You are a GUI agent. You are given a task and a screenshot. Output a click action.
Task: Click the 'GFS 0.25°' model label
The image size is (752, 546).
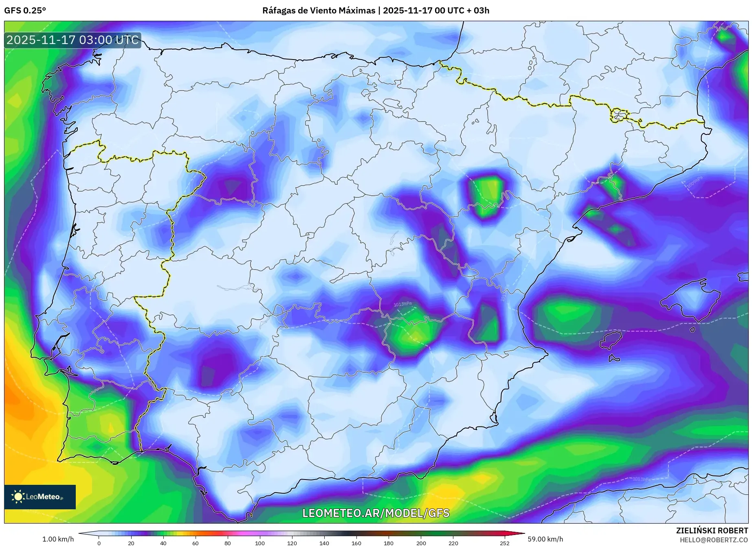(x=25, y=11)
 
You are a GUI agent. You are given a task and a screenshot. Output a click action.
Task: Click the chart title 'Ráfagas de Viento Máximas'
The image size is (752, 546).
(x=319, y=11)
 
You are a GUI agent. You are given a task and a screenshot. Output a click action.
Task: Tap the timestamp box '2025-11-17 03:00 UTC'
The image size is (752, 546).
(x=73, y=40)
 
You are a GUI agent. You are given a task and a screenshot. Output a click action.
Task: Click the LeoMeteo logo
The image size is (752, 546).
(x=40, y=497)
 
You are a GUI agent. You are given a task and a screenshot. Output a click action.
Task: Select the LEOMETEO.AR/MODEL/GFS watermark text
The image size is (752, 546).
(x=376, y=513)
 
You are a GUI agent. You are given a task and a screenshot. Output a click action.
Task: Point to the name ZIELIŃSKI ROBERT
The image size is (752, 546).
(x=712, y=531)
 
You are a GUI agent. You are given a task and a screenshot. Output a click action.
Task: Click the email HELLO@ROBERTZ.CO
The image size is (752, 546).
(x=714, y=540)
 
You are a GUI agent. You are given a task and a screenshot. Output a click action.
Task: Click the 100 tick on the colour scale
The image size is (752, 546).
(x=260, y=543)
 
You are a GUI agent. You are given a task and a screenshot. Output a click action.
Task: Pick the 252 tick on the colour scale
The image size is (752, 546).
(x=505, y=543)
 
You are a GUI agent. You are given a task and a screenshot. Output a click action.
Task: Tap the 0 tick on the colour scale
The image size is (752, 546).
(x=99, y=543)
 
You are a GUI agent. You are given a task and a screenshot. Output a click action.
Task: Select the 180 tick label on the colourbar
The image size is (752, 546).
(x=389, y=543)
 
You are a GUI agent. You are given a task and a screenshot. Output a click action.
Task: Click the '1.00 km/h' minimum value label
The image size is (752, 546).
(x=58, y=539)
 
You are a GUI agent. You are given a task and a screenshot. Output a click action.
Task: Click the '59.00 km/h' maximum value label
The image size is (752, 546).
(x=545, y=539)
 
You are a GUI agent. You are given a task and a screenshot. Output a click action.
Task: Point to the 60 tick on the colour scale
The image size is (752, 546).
(x=196, y=543)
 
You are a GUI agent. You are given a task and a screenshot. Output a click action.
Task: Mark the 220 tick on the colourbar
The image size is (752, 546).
(x=453, y=543)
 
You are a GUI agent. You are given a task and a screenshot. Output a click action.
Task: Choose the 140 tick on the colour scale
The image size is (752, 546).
(x=324, y=543)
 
